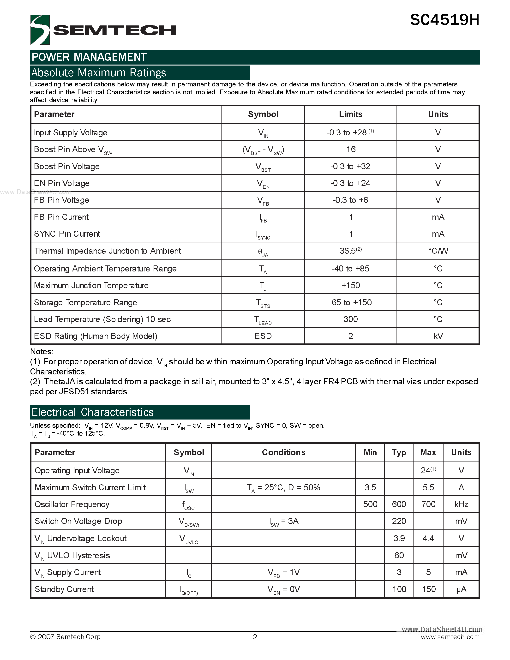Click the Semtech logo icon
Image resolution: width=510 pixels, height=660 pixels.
40,30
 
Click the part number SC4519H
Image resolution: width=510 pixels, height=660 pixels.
444,20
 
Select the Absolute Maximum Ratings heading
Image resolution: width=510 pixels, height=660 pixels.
99,73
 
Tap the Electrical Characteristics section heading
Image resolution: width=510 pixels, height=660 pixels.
92,412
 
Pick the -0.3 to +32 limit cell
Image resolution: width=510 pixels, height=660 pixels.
350,166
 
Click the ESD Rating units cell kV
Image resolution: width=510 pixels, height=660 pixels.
438,336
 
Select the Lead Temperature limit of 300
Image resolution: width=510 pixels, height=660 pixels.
350,319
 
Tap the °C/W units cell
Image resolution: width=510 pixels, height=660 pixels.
438,251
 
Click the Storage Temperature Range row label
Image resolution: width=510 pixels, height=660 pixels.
85,302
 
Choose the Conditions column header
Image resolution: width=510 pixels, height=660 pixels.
283,452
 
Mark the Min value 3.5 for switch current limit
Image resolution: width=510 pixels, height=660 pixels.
370,487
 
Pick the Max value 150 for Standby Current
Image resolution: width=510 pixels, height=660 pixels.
428,589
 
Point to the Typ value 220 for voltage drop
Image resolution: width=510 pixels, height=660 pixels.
399,521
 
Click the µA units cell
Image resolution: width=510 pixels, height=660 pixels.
461,589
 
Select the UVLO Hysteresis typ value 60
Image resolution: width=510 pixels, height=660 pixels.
399,555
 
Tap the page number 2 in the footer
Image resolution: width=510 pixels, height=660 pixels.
255,637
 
